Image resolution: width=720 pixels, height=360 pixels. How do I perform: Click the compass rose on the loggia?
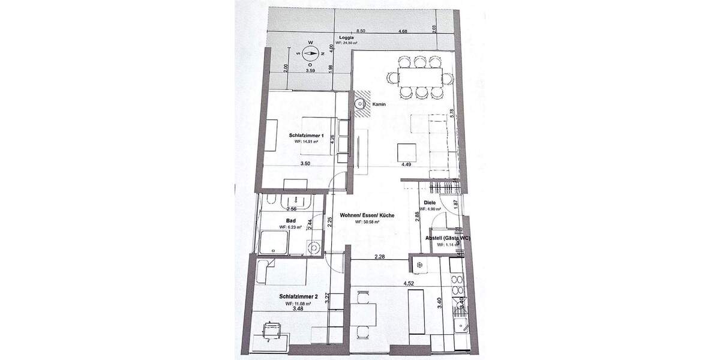click(310, 53)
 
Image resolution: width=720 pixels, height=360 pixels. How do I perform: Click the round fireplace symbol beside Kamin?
click(361, 103)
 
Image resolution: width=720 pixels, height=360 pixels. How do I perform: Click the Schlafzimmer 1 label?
click(306, 136)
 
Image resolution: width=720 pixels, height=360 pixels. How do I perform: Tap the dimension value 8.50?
click(361, 31)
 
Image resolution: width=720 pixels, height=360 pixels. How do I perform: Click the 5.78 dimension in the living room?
click(451, 113)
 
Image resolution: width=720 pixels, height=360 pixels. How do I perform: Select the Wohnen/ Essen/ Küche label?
click(367, 215)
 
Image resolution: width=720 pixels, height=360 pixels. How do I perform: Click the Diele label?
click(429, 203)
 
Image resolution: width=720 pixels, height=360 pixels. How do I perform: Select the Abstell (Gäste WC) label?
click(447, 238)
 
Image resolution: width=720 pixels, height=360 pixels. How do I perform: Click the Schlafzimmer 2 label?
click(298, 296)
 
